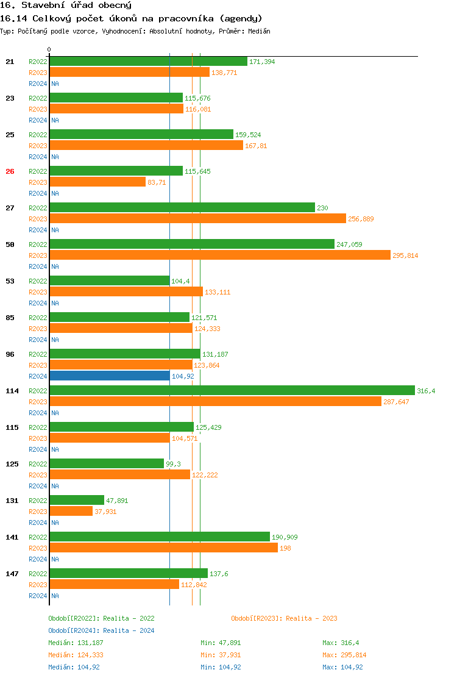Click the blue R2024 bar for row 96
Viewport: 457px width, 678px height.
110,376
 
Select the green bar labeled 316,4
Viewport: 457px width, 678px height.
232,390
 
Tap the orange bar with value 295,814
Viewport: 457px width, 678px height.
219,255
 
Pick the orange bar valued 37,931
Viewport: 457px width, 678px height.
71,511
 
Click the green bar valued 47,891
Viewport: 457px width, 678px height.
77,500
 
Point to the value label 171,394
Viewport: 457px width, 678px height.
262,62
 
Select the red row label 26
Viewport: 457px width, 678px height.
10,171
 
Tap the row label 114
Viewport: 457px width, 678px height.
12,391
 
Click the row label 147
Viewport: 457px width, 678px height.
12,574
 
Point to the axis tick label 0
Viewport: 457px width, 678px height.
49,49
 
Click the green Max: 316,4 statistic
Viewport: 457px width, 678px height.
342,643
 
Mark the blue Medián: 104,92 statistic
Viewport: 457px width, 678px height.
74,667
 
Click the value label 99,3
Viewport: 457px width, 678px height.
173,464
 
